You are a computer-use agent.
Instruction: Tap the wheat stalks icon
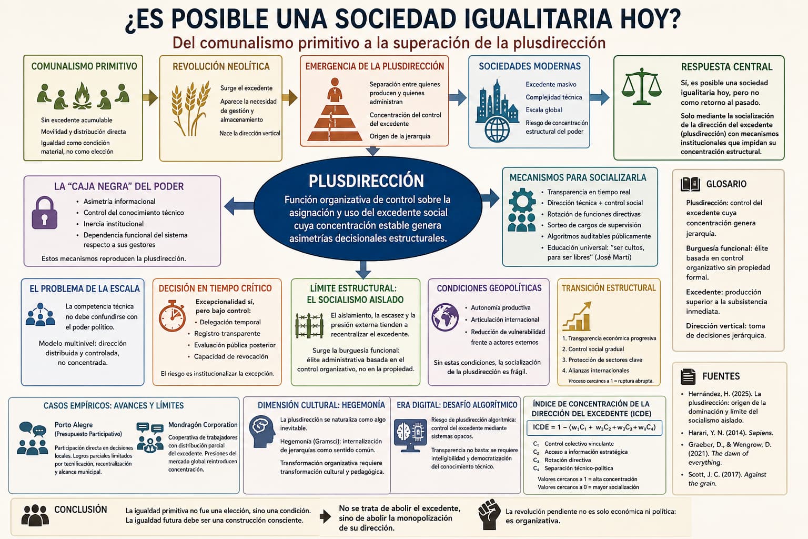[x=190, y=108]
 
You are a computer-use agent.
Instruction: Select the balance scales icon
[x=641, y=87]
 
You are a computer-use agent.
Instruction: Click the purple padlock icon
[x=44, y=213]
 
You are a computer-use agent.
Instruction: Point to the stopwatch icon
[x=172, y=316]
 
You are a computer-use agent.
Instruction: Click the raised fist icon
[x=490, y=514]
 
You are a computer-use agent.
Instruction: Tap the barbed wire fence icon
[x=309, y=325]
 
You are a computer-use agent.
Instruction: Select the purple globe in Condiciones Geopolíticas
[x=445, y=317]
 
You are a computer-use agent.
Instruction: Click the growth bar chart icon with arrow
[x=577, y=316]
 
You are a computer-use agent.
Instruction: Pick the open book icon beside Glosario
[x=690, y=184]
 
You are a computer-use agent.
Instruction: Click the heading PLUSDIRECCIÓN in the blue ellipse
[x=366, y=181]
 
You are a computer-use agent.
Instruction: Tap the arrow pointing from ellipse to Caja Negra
[x=239, y=206]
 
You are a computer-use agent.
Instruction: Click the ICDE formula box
[x=594, y=428]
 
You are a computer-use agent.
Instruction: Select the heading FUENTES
[x=721, y=376]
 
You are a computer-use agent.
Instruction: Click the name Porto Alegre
[x=74, y=425]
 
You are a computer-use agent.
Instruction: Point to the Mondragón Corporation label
[x=203, y=425]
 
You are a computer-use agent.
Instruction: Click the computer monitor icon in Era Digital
[x=410, y=435]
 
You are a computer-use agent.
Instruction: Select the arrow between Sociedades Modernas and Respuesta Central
[x=600, y=97]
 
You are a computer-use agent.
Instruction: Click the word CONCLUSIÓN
[x=80, y=510]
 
